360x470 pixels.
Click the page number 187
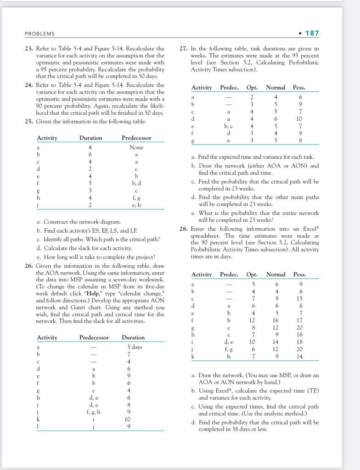point(312,33)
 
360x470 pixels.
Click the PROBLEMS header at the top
point(39,34)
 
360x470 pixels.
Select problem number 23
point(29,49)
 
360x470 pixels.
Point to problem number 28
point(182,229)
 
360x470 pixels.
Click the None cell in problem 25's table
point(136,147)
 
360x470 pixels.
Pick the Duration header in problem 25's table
point(90,138)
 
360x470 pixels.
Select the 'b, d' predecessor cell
point(136,183)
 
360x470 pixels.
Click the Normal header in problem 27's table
point(276,87)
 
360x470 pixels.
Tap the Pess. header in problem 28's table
point(299,274)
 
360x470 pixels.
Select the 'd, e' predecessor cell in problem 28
point(229,342)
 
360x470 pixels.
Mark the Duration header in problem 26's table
point(133,337)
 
